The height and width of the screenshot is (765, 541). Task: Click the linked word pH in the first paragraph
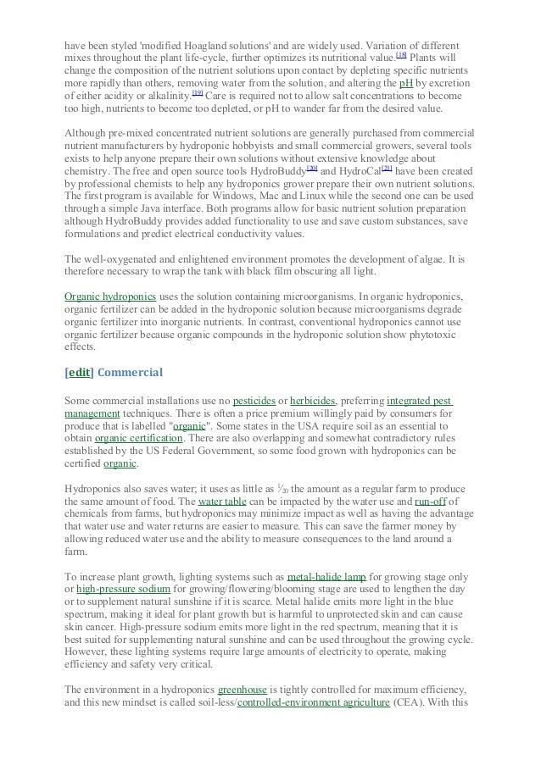click(x=406, y=84)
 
